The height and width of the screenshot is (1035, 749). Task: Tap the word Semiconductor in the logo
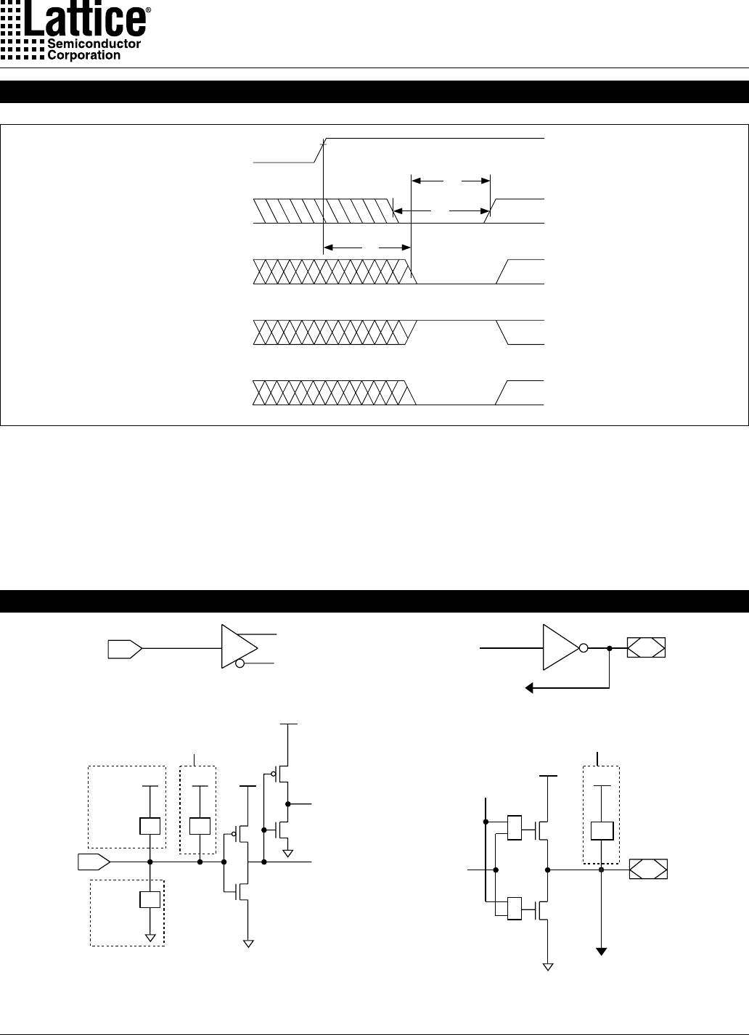pos(94,44)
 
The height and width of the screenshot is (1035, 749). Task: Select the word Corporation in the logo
pos(84,55)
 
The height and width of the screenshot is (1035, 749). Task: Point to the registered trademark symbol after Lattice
pos(148,9)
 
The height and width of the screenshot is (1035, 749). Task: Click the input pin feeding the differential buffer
pos(125,649)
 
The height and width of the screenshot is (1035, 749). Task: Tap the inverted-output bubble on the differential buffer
pos(240,663)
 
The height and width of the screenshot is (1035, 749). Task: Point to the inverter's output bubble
pos(584,648)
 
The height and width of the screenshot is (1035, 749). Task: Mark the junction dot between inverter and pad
pos(610,649)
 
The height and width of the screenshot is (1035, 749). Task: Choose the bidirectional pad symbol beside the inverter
pos(646,647)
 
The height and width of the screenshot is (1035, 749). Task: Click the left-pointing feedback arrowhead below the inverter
pos(529,689)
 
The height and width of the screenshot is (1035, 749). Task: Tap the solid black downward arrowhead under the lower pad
pos(601,952)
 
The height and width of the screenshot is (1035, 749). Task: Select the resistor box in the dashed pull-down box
pos(150,899)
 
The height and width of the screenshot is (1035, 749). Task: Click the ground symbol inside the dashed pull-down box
pos(150,938)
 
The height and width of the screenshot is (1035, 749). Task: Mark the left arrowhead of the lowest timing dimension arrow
pos(328,247)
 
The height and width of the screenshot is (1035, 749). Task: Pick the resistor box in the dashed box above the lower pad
pos(602,831)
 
